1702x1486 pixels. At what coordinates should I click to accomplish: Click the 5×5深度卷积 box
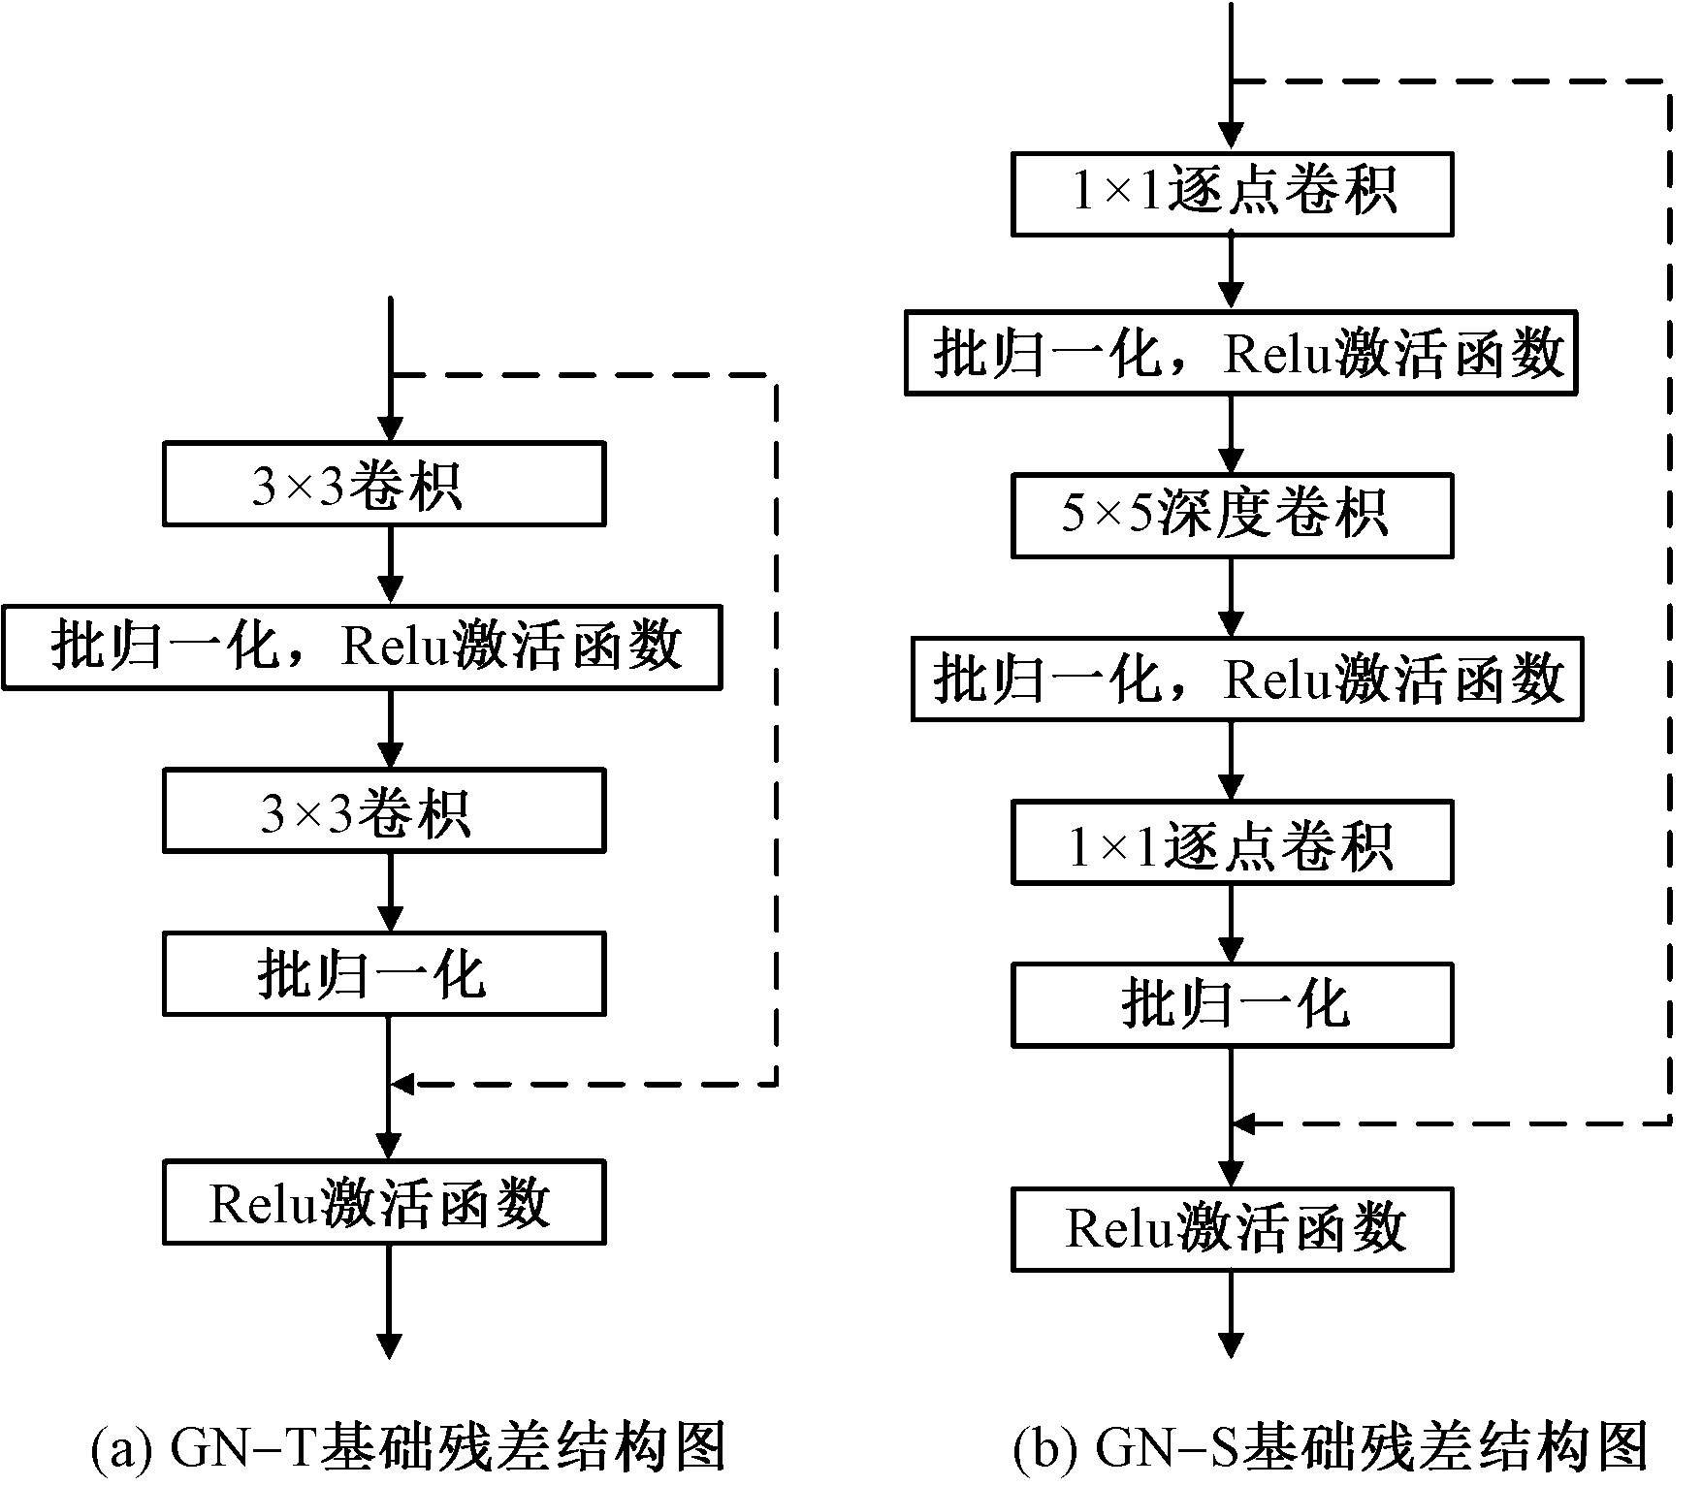coord(1232,515)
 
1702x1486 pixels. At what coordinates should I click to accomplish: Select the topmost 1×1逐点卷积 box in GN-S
coord(1232,193)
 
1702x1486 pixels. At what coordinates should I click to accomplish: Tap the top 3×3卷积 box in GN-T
coord(384,484)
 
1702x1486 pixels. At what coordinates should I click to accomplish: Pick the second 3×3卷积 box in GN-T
coord(384,810)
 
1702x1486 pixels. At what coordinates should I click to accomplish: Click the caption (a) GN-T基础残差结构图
coord(407,1448)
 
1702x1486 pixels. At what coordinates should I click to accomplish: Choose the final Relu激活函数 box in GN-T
coord(384,1202)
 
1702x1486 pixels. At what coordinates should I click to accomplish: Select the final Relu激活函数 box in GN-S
coord(1232,1228)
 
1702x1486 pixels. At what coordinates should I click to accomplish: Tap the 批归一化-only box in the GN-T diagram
coord(384,973)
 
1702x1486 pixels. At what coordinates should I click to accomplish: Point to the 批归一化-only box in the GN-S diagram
coord(1232,1003)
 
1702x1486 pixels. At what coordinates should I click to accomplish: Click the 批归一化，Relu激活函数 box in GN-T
coord(362,647)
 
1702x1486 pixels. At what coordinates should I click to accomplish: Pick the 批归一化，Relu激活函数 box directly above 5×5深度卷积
coord(1241,353)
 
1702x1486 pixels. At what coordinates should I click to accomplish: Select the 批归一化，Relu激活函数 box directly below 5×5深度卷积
coord(1247,679)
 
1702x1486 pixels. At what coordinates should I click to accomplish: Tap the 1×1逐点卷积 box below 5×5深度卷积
coord(1232,841)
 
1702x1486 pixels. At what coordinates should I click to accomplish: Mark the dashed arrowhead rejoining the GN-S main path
coord(1244,1123)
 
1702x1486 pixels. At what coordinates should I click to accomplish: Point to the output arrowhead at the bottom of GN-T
coord(389,1346)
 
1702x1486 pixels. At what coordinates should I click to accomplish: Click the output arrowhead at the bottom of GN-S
coord(1232,1346)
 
